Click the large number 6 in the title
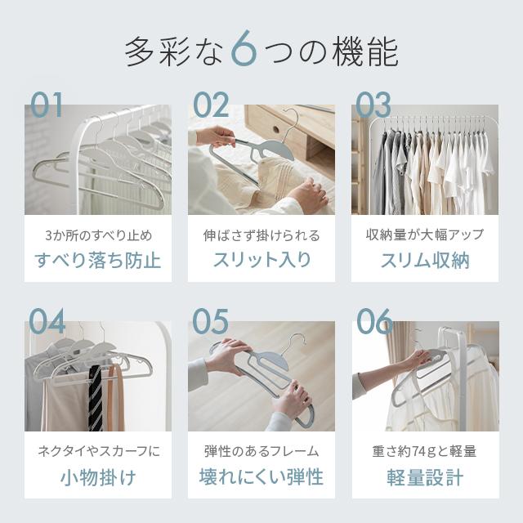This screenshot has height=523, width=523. pyautogui.click(x=244, y=48)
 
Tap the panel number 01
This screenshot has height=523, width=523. pyautogui.click(x=47, y=105)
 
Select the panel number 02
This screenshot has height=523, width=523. pyautogui.click(x=211, y=105)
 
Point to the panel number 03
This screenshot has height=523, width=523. pyautogui.click(x=373, y=105)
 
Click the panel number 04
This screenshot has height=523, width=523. pyautogui.click(x=47, y=322)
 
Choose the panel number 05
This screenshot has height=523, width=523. pyautogui.click(x=210, y=322)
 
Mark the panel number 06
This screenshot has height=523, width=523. pyautogui.click(x=374, y=322)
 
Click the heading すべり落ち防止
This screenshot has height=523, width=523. pyautogui.click(x=98, y=261)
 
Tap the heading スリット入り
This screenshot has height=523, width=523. pyautogui.click(x=261, y=261)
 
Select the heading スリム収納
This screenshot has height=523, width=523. pyautogui.click(x=425, y=261)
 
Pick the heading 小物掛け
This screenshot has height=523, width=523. pyautogui.click(x=98, y=477)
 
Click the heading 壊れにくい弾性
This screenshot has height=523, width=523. pyautogui.click(x=261, y=477)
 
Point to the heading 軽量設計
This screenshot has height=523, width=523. pyautogui.click(x=425, y=477)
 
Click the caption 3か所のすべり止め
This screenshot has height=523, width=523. pyautogui.click(x=98, y=235)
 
